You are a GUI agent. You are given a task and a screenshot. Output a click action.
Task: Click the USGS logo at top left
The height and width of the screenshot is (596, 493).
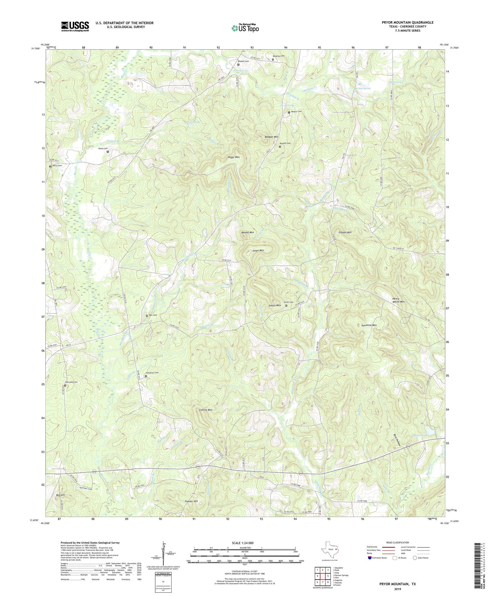(x=75, y=26)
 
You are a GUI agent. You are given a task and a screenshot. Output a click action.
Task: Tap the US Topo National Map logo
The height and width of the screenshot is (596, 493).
(x=245, y=28)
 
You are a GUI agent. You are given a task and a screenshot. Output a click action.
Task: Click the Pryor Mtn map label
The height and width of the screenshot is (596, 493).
(x=234, y=157)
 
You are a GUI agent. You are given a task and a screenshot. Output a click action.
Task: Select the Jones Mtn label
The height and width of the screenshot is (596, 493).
(x=258, y=250)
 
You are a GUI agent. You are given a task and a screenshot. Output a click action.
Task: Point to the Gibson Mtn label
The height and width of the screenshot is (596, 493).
(x=345, y=232)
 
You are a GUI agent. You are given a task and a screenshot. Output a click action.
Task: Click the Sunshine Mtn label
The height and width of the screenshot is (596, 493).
(x=369, y=325)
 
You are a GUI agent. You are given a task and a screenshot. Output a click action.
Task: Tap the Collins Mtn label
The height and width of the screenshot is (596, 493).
(x=206, y=410)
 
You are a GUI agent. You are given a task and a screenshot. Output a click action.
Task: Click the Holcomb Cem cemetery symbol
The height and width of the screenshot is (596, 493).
(x=65, y=386)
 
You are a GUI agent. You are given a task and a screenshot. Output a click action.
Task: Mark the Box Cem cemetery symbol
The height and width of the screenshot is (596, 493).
(x=147, y=316)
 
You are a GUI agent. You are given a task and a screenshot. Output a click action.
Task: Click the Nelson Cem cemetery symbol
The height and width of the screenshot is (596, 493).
(x=289, y=112)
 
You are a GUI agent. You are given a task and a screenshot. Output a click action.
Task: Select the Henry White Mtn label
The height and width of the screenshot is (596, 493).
(x=398, y=300)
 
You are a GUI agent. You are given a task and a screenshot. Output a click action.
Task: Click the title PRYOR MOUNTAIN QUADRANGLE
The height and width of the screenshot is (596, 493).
(x=408, y=22)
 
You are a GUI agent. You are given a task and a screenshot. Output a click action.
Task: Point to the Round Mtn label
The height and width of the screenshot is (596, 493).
(x=247, y=232)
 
